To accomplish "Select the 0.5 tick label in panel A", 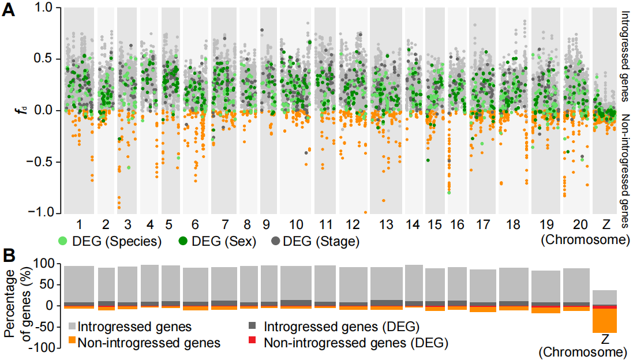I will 44,59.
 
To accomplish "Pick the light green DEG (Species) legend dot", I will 62,241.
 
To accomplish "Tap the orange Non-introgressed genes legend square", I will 72,342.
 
